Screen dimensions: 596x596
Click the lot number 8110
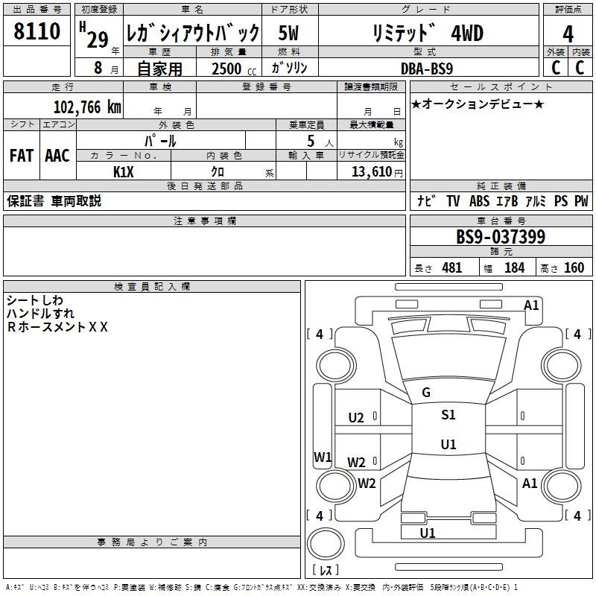pos(37,31)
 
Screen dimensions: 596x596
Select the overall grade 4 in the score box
pos(568,34)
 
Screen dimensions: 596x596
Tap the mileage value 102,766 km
pos(87,107)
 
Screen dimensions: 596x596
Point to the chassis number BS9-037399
pos(501,237)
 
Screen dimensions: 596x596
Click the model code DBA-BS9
pos(427,69)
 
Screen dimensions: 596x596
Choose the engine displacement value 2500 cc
pos(234,69)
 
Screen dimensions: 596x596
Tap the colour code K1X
pos(124,172)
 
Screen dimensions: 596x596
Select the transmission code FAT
pos(22,156)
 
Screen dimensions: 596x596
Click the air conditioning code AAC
pos(57,156)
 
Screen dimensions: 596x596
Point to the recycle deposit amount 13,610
pos(371,172)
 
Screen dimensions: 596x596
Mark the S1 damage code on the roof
pos(448,415)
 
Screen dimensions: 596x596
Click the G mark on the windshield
pos(426,393)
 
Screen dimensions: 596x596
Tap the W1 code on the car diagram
pos(323,457)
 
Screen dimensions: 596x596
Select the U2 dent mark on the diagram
pos(356,418)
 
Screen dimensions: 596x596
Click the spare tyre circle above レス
pos(326,544)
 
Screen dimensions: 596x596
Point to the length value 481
pos(452,268)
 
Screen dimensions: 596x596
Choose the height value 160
pos(574,268)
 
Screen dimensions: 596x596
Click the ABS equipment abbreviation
pos(479,201)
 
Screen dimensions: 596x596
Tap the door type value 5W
pos(288,33)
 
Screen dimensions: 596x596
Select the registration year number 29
pos(98,39)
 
